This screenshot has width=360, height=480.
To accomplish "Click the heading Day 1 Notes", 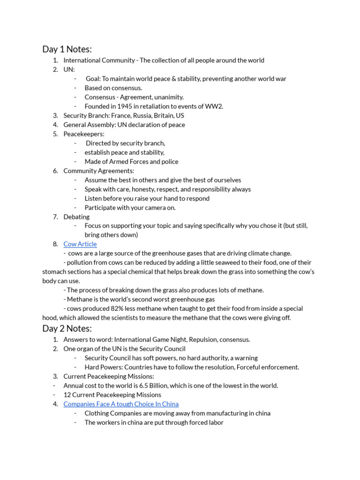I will (67, 49).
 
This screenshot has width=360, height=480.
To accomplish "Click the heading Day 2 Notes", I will (67, 328).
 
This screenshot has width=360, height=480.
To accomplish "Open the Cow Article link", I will (80, 244).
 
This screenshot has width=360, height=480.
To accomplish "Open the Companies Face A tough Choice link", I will (121, 404).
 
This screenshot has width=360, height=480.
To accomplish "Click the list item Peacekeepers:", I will (84, 134).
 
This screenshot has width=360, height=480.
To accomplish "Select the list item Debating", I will (76, 217).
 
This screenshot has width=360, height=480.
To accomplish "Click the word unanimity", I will (169, 97).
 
